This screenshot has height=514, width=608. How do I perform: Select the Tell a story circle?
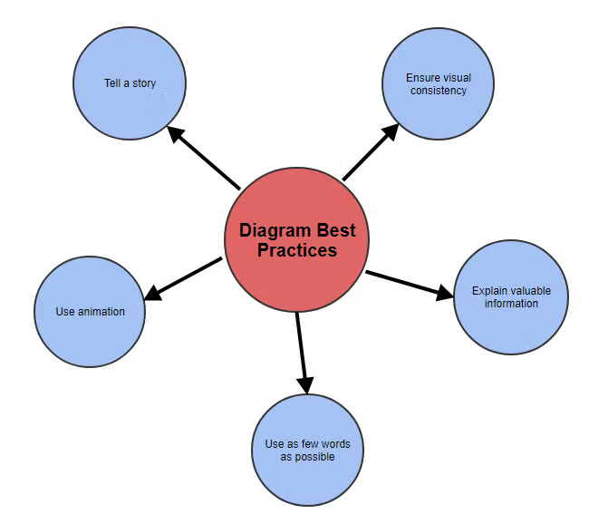point(130,83)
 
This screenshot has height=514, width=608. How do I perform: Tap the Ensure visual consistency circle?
point(438,83)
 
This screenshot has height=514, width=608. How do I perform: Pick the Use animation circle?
point(90,311)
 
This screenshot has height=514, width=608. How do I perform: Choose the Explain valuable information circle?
point(510,296)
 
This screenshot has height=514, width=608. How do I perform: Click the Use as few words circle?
point(307,450)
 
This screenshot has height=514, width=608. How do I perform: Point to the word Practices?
point(297,250)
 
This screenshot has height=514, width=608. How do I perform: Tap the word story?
point(143,83)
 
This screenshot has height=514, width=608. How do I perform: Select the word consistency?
point(438,91)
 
